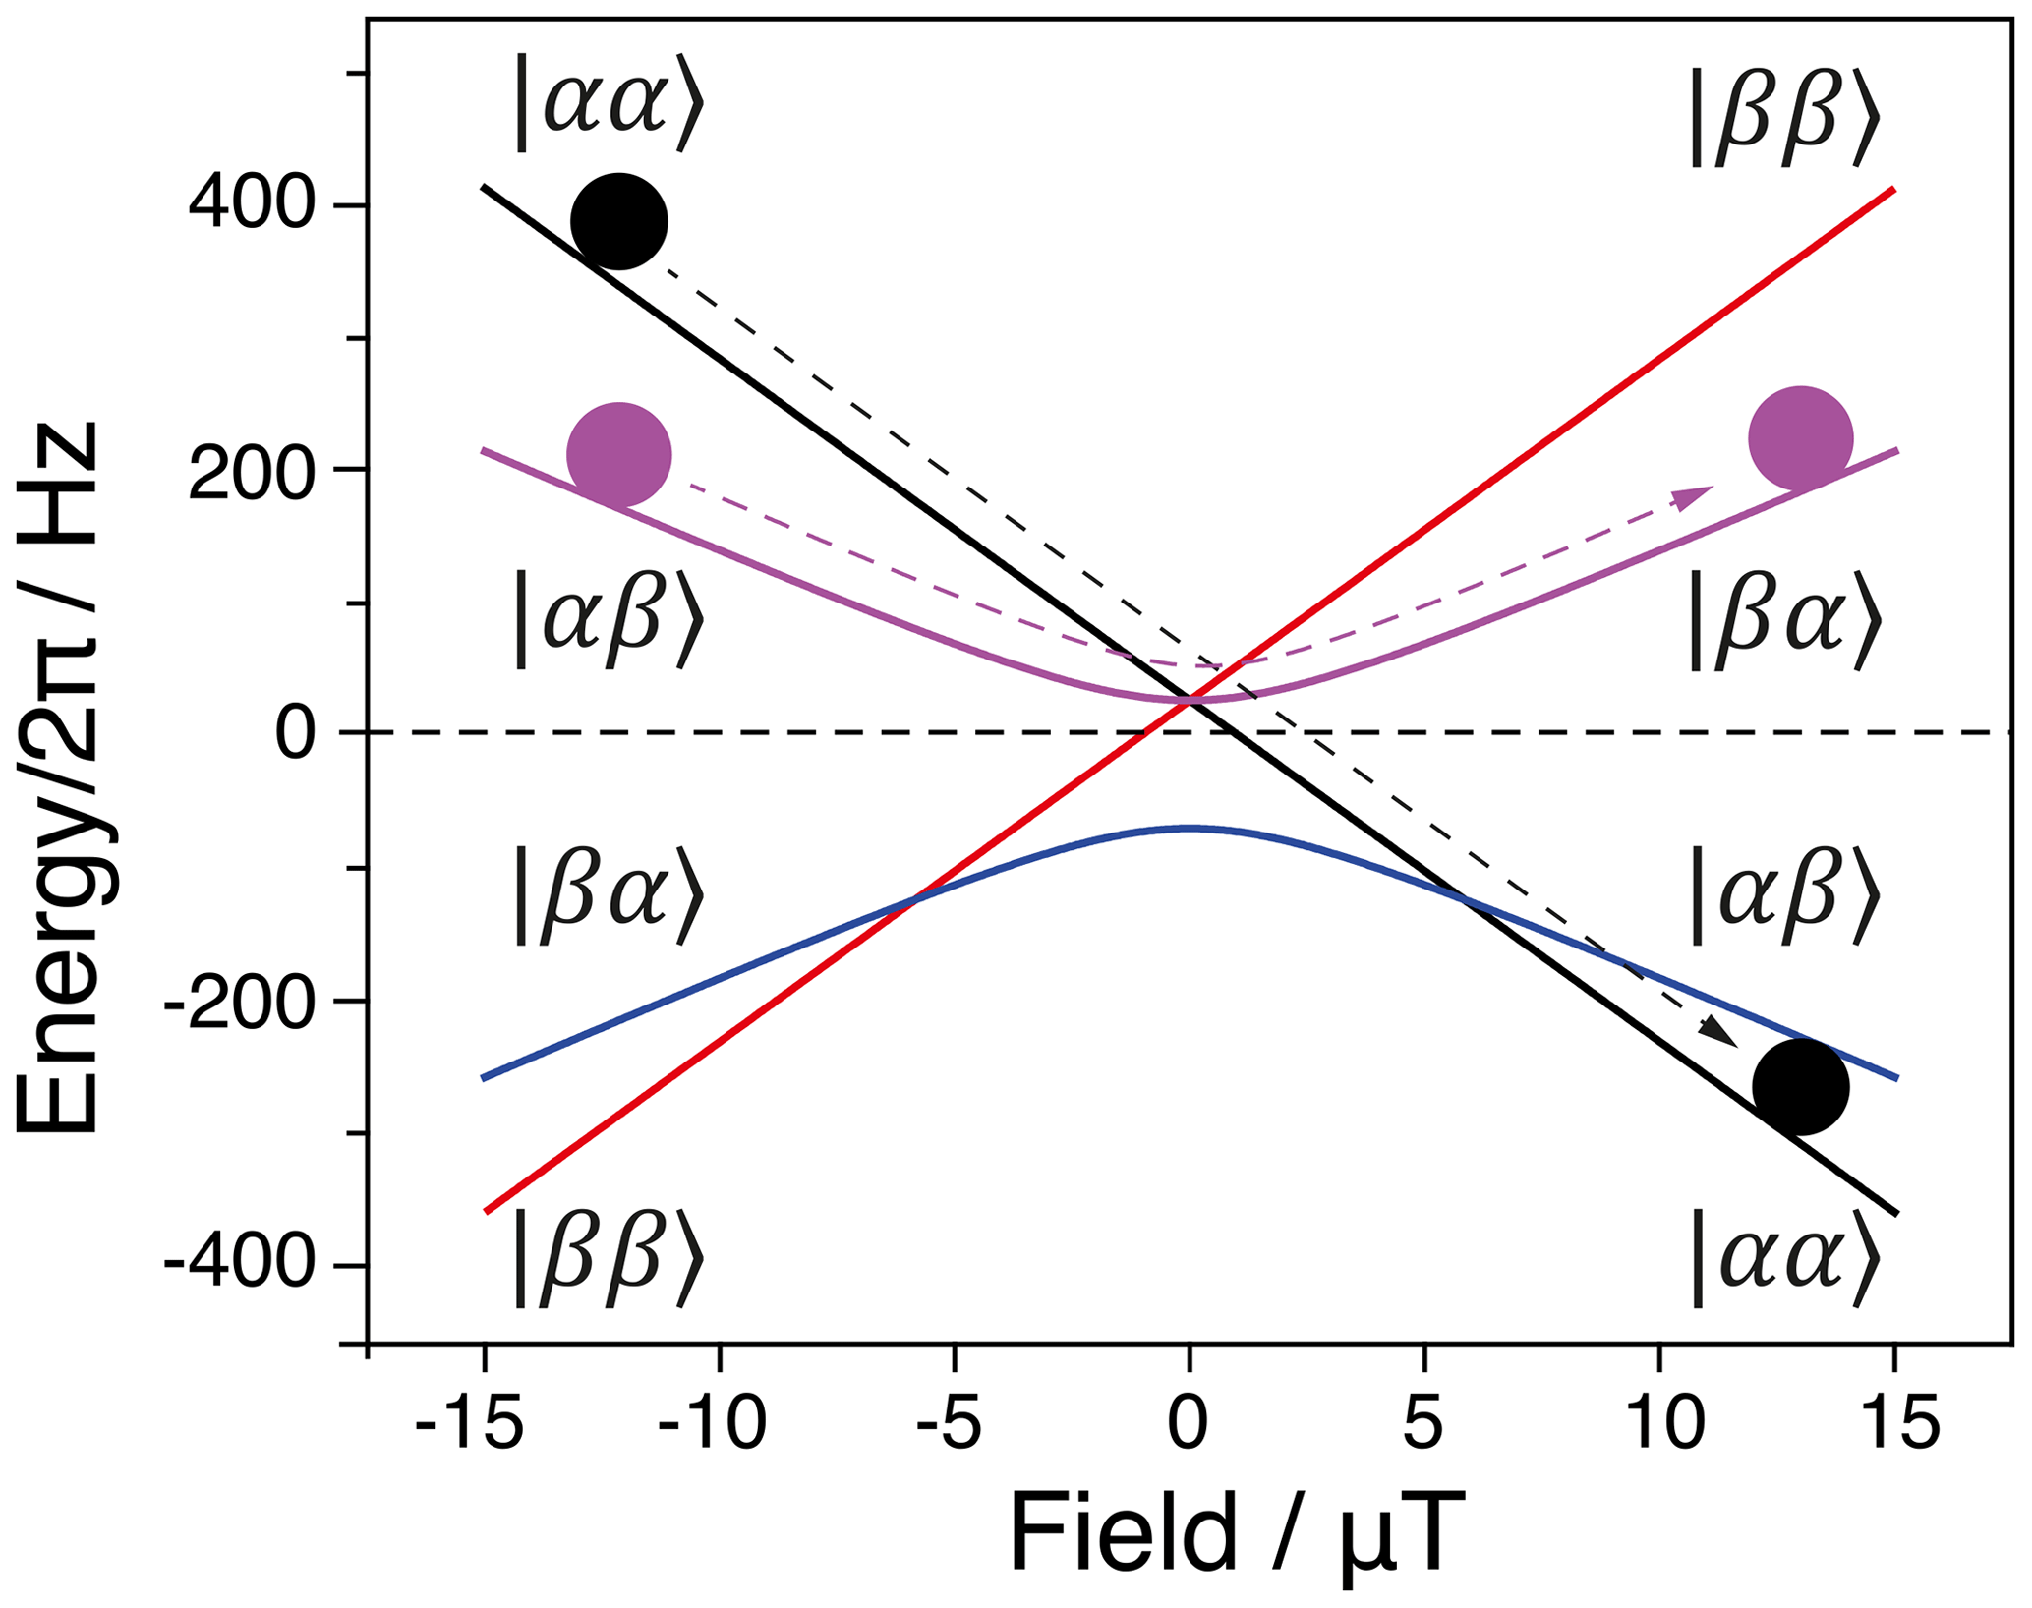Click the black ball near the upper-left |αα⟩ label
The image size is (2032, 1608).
619,221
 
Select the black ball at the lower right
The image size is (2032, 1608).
1801,1087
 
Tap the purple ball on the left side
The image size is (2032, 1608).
619,454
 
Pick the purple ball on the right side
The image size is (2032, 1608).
1801,438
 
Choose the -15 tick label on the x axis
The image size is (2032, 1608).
469,1424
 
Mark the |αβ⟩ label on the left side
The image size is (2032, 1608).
610,620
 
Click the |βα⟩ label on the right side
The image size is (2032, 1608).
1784,620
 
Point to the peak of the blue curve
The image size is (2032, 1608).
1190,829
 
